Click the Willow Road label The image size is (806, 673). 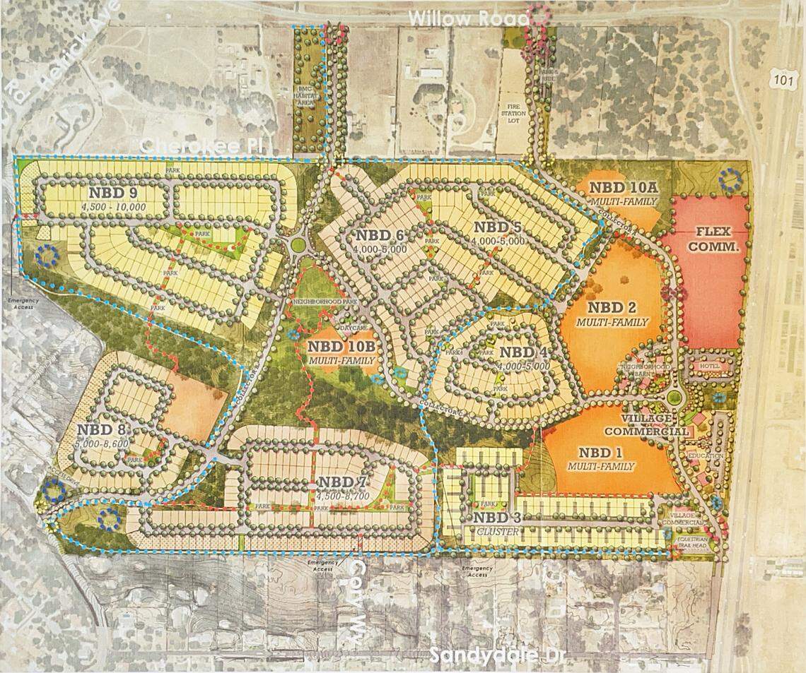[x=469, y=19]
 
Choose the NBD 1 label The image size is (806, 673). [x=603, y=455]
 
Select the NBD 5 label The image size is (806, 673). [x=498, y=228]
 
